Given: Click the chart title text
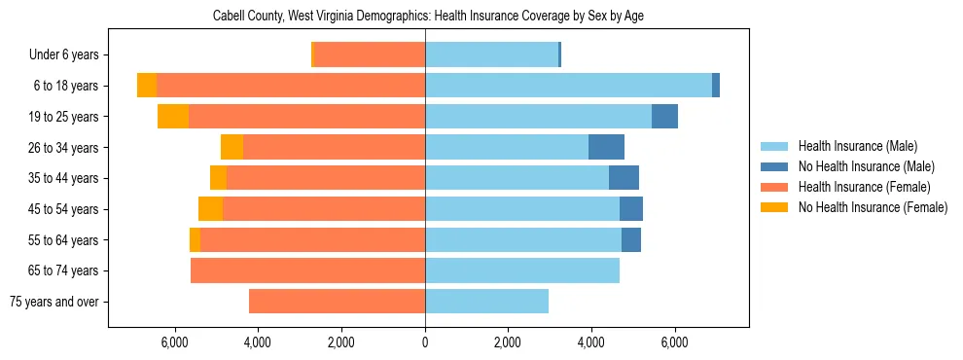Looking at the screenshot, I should (x=428, y=16).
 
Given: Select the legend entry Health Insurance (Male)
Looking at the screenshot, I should (x=851, y=146).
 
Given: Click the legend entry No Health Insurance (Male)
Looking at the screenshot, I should (x=858, y=166).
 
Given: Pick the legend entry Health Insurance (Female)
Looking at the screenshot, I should (x=857, y=187).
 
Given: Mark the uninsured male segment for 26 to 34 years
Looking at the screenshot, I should (x=606, y=147).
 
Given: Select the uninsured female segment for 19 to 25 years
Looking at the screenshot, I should (x=173, y=117).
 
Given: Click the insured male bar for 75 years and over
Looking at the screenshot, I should (x=486, y=302).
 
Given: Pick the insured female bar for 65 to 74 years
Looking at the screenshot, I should (x=307, y=270).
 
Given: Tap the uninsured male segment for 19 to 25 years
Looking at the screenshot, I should (x=664, y=117).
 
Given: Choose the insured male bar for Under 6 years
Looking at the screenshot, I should (x=491, y=55).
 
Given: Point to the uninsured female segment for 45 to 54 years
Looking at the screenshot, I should (x=210, y=209).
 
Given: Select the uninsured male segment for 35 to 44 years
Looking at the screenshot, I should (x=624, y=178).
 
